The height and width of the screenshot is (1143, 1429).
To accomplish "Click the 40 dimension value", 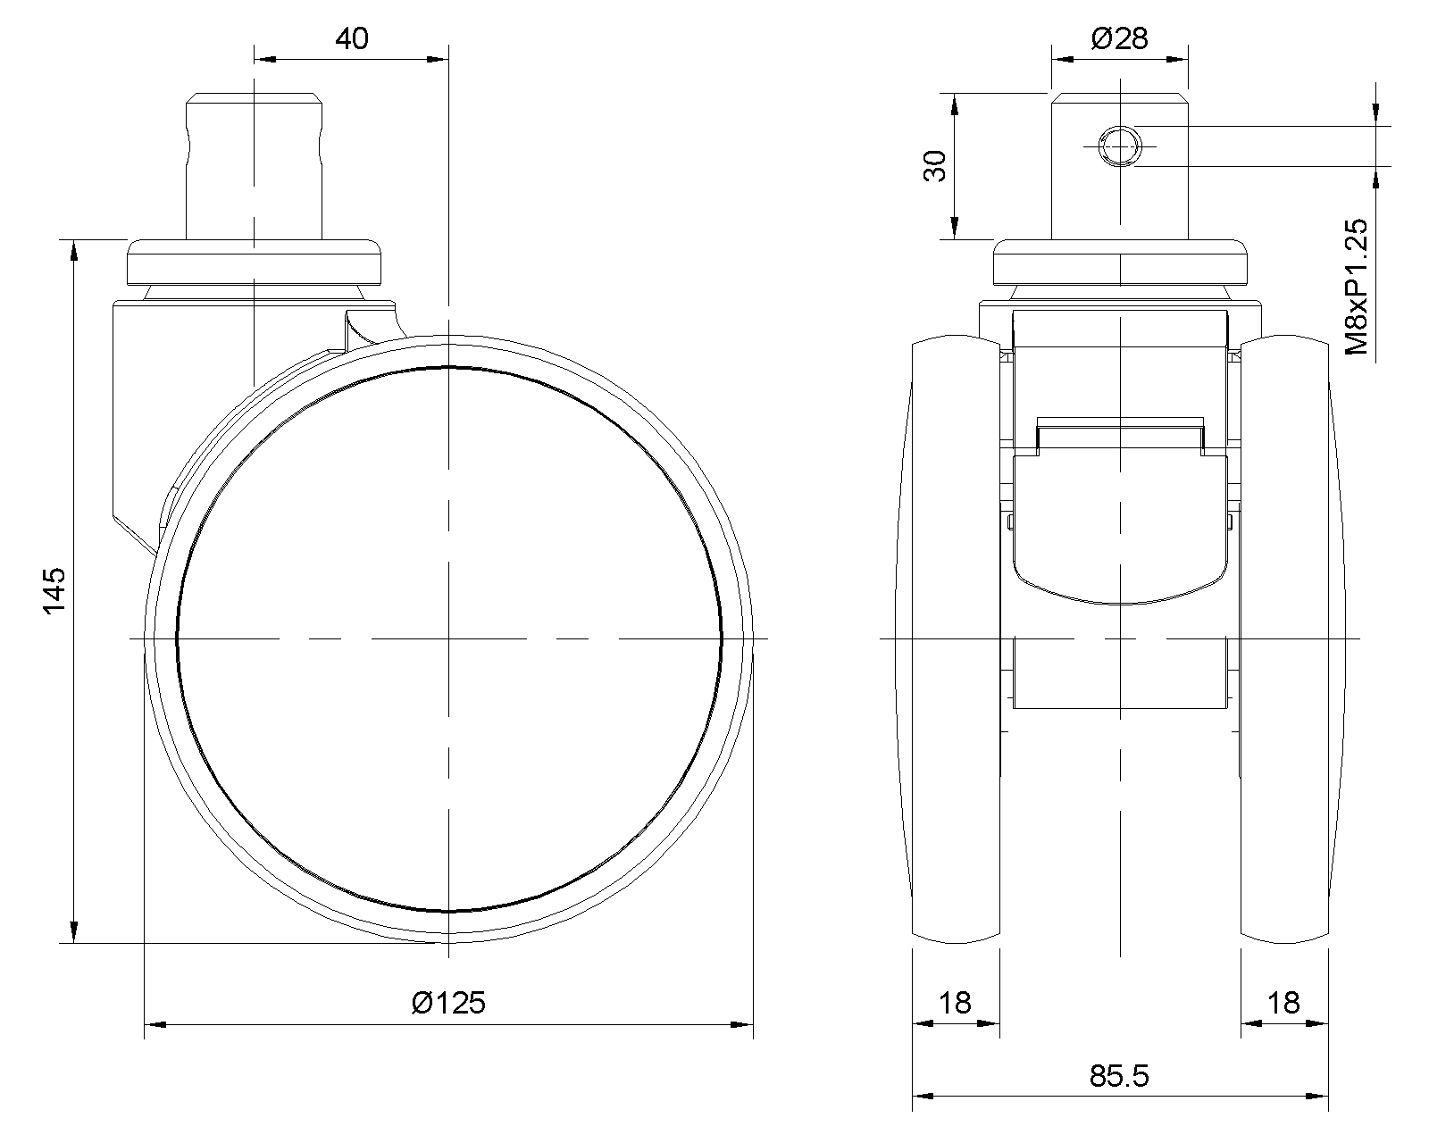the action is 351,38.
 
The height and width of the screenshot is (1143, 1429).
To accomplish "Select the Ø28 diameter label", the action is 1119,38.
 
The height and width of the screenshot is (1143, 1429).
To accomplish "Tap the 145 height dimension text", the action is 54,591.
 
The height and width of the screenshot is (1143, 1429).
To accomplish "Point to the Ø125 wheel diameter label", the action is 448,1002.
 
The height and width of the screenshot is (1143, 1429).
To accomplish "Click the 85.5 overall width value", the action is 1119,1075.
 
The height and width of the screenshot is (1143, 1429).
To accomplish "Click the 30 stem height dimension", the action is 936,166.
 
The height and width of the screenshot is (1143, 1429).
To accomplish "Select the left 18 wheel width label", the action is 955,1002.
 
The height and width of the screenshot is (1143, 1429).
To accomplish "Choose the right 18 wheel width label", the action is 1283,1002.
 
